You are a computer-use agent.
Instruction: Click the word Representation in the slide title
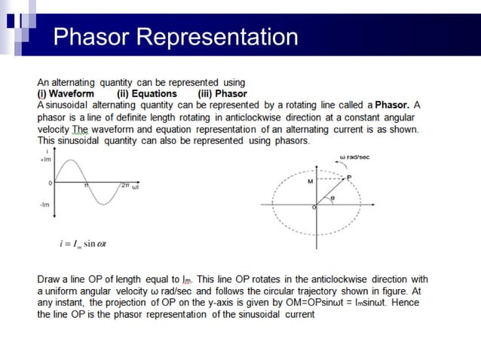tap(219, 36)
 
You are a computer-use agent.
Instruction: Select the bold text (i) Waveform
tap(66, 94)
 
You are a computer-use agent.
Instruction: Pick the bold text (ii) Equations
tap(147, 94)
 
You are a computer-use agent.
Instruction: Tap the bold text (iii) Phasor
tap(222, 94)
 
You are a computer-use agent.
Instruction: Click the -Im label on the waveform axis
tap(44, 205)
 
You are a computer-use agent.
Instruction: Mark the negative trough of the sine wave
tap(103, 204)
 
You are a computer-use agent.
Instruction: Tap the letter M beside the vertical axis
tap(310, 182)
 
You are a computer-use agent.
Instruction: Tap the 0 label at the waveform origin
tap(50, 182)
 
